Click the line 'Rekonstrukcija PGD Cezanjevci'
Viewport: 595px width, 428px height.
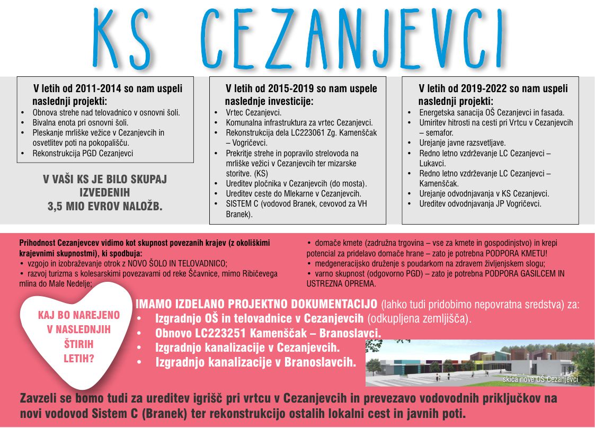point(83,154)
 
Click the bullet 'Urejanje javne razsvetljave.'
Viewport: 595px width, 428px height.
point(462,143)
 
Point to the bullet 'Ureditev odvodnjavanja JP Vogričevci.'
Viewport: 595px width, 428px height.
point(480,203)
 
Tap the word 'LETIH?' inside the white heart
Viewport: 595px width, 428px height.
point(78,359)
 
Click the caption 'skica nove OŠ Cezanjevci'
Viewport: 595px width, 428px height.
point(540,380)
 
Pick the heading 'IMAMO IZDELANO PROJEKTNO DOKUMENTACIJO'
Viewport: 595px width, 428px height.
point(257,305)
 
